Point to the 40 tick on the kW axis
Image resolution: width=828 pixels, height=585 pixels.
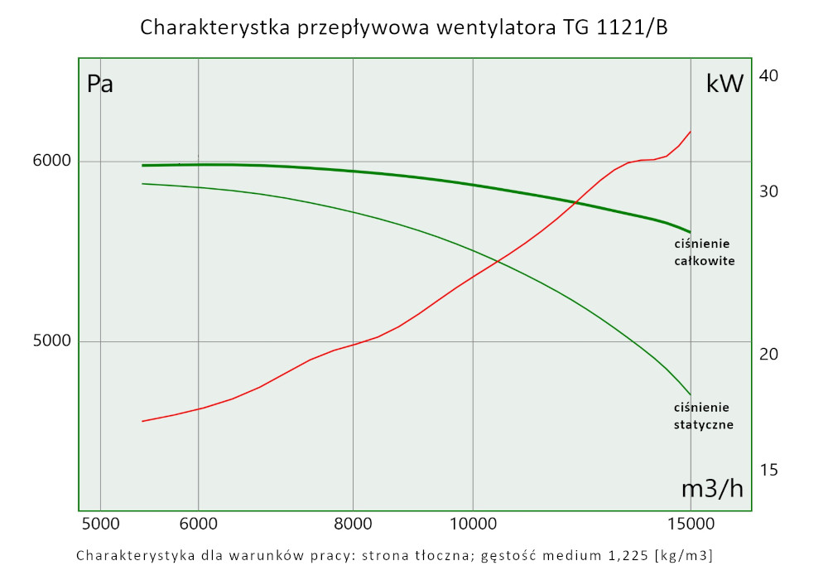coord(769,75)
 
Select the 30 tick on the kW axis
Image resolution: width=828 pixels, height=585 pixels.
coord(769,191)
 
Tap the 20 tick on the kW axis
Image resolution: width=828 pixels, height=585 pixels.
coord(769,354)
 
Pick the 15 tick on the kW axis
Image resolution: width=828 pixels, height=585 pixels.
coord(769,470)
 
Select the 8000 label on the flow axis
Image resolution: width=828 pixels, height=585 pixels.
coord(353,524)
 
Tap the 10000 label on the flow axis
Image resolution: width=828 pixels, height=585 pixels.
coord(472,524)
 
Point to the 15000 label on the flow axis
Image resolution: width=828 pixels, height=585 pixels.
coord(691,524)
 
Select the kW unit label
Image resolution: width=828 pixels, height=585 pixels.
coord(724,83)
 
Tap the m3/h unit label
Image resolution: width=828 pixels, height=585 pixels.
coord(712,489)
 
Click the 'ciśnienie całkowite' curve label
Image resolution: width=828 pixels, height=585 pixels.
coord(703,252)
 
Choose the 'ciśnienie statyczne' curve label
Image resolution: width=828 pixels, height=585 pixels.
coord(703,416)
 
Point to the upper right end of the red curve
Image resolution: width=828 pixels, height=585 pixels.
coord(691,131)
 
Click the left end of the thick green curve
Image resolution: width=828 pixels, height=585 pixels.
coord(142,166)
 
